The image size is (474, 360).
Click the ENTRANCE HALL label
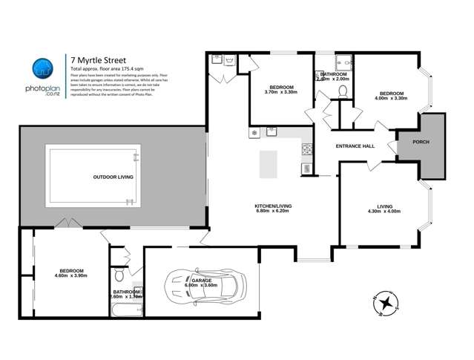(x=355, y=146)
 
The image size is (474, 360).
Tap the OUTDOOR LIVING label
(x=113, y=177)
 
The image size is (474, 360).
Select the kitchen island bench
(x=266, y=164)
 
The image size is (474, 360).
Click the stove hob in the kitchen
(x=305, y=151)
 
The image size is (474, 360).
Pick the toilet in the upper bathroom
(x=342, y=91)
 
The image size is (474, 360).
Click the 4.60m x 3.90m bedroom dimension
(x=71, y=276)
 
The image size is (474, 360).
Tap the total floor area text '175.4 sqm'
(x=111, y=68)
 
